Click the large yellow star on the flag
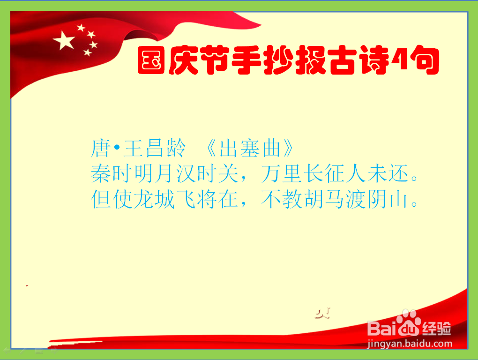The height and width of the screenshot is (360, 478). [x=64, y=40]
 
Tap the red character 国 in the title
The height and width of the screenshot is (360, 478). [x=151, y=60]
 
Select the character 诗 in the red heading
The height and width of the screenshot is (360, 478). [x=374, y=60]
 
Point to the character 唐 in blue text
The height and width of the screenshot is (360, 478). [x=101, y=148]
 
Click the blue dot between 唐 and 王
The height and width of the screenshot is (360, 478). [x=117, y=148]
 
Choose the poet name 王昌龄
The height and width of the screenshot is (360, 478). [x=155, y=148]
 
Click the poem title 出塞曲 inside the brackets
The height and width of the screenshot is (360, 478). [x=250, y=149]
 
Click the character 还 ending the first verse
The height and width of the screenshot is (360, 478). [x=398, y=173]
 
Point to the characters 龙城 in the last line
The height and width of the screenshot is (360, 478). [x=154, y=199]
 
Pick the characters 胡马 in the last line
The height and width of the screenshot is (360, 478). [x=324, y=199]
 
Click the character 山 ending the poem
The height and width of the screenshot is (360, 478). [x=398, y=200]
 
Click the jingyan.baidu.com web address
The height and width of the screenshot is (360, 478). [x=410, y=344]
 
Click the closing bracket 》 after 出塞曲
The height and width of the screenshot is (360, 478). [x=289, y=149]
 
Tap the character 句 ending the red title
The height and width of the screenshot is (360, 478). [x=425, y=60]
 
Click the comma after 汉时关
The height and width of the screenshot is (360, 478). [x=243, y=178]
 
